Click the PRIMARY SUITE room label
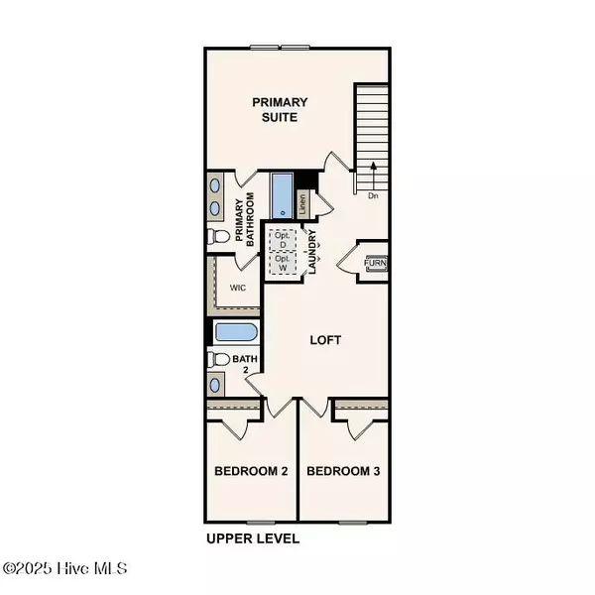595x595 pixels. pyautogui.click(x=279, y=109)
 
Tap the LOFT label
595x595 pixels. pyautogui.click(x=325, y=340)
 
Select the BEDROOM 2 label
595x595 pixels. pyautogui.click(x=251, y=471)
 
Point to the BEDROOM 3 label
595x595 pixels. pyautogui.click(x=343, y=471)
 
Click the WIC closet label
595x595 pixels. pyautogui.click(x=238, y=289)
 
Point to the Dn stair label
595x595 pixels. pyautogui.click(x=373, y=195)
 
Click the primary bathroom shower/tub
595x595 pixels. pyautogui.click(x=283, y=195)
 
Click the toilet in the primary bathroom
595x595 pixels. pyautogui.click(x=219, y=237)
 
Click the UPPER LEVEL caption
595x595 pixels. pyautogui.click(x=253, y=539)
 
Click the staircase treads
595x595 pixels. pyautogui.click(x=372, y=124)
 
